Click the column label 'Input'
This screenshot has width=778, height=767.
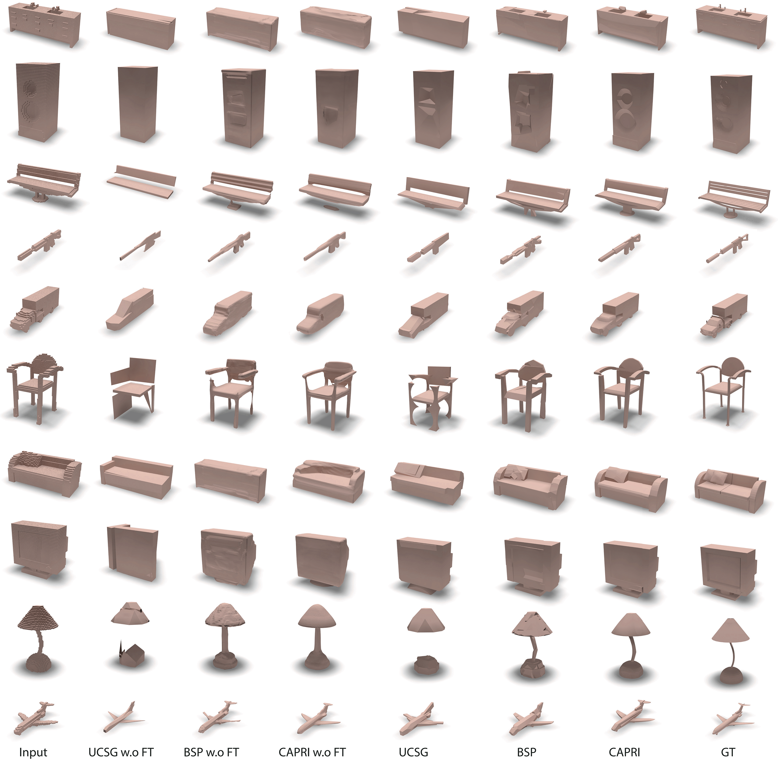(x=33, y=752)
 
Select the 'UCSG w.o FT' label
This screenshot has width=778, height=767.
(x=121, y=752)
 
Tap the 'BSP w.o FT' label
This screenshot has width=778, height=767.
(x=211, y=752)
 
